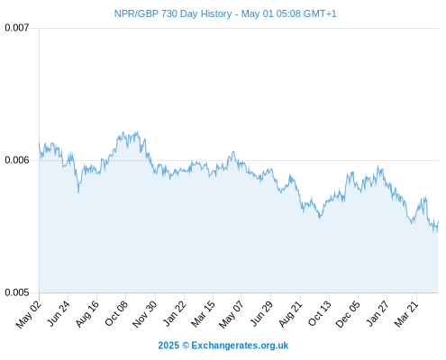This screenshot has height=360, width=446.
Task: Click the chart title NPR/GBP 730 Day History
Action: coord(173,13)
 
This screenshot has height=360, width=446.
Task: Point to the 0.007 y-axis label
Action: coord(17,28)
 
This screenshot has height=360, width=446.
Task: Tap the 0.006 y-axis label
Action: coord(17,160)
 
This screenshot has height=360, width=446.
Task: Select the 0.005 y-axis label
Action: coord(17,292)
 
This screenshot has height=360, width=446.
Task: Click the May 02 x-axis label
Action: coord(29,315)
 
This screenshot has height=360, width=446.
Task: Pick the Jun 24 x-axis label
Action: coord(59,314)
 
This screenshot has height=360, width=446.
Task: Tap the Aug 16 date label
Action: coord(87,314)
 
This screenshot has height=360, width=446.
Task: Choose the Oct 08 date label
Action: coord(116,314)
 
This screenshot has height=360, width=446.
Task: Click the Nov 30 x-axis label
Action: coord(145,314)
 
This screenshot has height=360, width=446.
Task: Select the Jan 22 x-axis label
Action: coord(175,314)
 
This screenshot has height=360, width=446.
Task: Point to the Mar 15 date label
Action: coord(204,314)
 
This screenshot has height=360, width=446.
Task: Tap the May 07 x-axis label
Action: coord(232,315)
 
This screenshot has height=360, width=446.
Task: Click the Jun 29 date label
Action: coord(261,314)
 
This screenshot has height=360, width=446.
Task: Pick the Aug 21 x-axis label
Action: coord(290,314)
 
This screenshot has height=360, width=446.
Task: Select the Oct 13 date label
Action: coord(320,314)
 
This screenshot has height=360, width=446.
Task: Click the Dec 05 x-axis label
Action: coord(348,314)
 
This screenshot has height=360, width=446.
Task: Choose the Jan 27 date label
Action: coord(378,314)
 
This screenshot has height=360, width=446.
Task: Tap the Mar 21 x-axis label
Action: coord(406,314)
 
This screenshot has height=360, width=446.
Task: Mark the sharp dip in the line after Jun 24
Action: coord(78,192)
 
